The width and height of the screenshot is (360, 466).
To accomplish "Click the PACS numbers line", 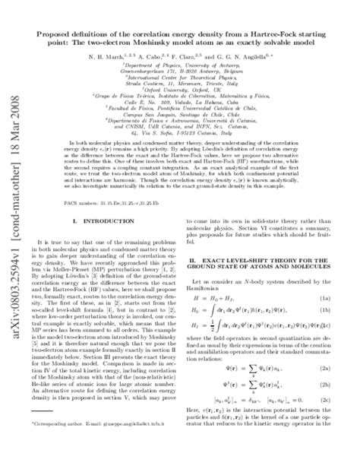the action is click(144, 204).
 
